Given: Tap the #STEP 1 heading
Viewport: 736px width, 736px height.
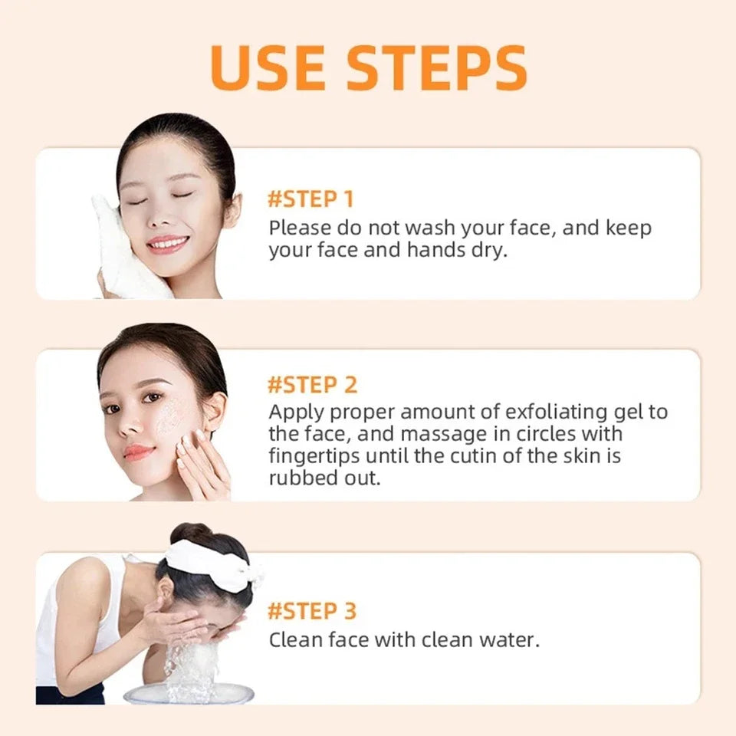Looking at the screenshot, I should point(310,199).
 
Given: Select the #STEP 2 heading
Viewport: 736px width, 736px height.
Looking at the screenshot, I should point(312,384).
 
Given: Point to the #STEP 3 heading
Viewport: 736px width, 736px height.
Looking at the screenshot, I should point(312,611).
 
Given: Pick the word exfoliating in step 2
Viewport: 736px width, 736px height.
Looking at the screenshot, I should point(526,412).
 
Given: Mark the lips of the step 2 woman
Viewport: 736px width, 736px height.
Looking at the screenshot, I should point(138,452).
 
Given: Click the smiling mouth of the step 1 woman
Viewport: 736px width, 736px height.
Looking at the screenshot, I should point(167,244).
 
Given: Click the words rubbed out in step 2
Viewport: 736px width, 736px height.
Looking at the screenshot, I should point(324,478).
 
